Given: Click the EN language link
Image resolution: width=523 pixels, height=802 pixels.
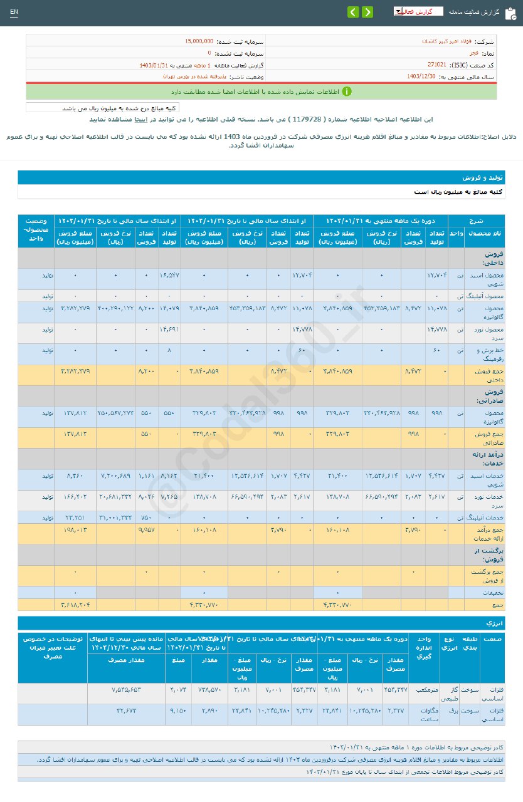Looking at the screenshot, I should (x=14, y=12).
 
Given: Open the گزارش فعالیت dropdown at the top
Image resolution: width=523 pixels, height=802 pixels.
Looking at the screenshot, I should (x=418, y=11).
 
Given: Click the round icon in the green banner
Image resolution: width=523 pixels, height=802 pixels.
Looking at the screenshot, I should (x=347, y=91).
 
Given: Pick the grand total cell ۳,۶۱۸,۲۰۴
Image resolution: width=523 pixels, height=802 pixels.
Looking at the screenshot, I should (x=75, y=605).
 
